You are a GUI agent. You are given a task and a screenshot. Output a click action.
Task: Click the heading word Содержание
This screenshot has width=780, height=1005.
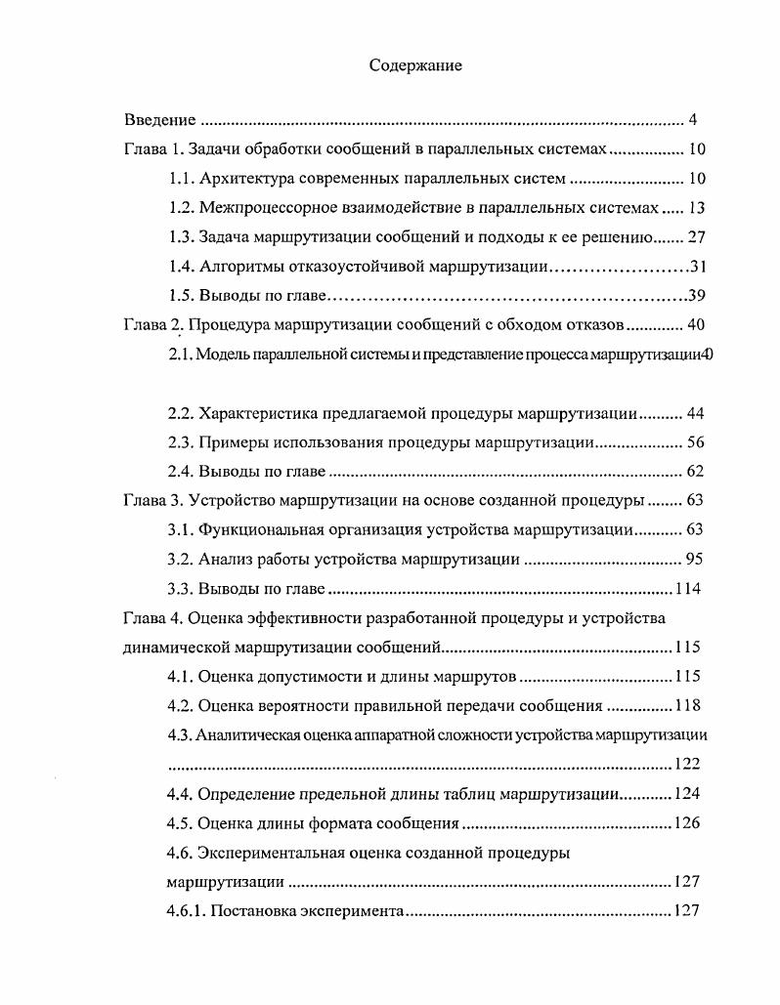415,65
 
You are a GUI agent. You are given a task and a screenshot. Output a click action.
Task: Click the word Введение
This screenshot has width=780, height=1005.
160,120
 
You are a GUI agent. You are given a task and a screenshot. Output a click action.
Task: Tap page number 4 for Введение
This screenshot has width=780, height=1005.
692,120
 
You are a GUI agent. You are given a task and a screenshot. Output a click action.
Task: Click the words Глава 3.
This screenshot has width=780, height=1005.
152,501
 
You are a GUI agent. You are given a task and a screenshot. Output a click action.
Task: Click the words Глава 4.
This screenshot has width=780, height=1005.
152,618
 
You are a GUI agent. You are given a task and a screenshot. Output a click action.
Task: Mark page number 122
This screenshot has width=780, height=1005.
688,764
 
